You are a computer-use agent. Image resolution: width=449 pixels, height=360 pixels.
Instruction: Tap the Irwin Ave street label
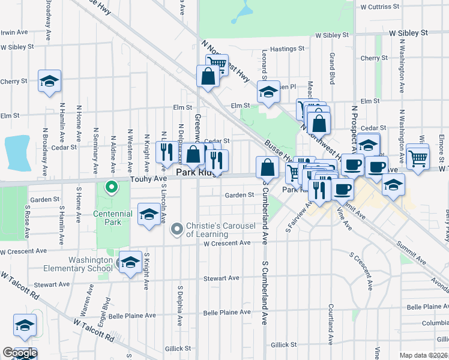click(14, 32)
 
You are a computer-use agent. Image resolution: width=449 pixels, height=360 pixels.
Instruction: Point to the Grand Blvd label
click(331, 68)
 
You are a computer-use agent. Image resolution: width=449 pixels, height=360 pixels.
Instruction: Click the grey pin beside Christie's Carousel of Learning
click(176, 229)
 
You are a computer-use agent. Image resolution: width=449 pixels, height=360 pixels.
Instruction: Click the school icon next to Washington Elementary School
click(130, 263)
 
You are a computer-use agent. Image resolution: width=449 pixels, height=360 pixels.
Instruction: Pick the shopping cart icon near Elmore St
click(418, 157)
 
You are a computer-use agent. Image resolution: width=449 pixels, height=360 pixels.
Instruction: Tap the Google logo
click(20, 353)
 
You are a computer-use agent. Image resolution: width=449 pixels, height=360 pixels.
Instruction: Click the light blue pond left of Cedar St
click(17, 151)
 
